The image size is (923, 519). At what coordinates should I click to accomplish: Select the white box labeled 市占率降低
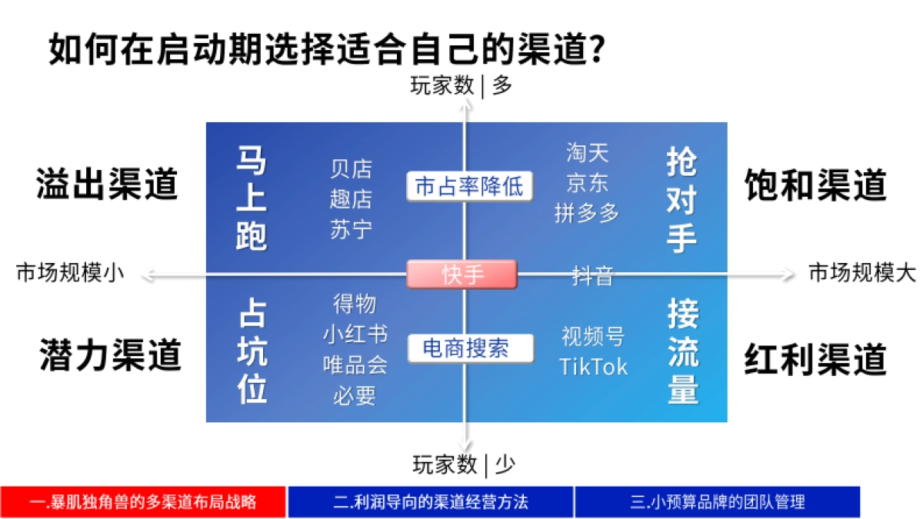coord(468,186)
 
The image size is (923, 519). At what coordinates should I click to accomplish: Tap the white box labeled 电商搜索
coord(469,348)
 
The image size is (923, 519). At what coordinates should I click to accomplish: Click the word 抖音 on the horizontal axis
coord(592,275)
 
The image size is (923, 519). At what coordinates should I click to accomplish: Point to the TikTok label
coord(593,366)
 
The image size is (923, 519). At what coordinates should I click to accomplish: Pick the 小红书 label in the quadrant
coord(355,334)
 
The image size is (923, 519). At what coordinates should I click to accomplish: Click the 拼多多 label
coord(587,213)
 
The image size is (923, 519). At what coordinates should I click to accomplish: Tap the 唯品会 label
coord(355,364)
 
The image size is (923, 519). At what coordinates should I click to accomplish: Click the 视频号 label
coord(592,336)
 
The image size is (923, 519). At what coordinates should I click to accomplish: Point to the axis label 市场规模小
coord(69,273)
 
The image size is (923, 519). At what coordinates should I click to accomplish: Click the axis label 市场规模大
coord(861,273)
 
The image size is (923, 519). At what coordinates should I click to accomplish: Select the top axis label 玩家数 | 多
coord(461,85)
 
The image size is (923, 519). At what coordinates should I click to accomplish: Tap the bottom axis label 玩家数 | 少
coord(464,464)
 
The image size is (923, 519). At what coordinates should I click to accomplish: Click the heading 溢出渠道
coord(107,185)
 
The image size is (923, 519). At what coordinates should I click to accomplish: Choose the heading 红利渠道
coord(815,358)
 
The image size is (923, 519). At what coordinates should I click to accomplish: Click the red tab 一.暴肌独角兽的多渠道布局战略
coord(143,502)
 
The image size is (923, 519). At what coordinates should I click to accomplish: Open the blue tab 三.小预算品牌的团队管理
coord(717,502)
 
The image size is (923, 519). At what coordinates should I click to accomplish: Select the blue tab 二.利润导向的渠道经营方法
coord(431,502)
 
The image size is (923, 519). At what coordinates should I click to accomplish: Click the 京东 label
coord(587,183)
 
